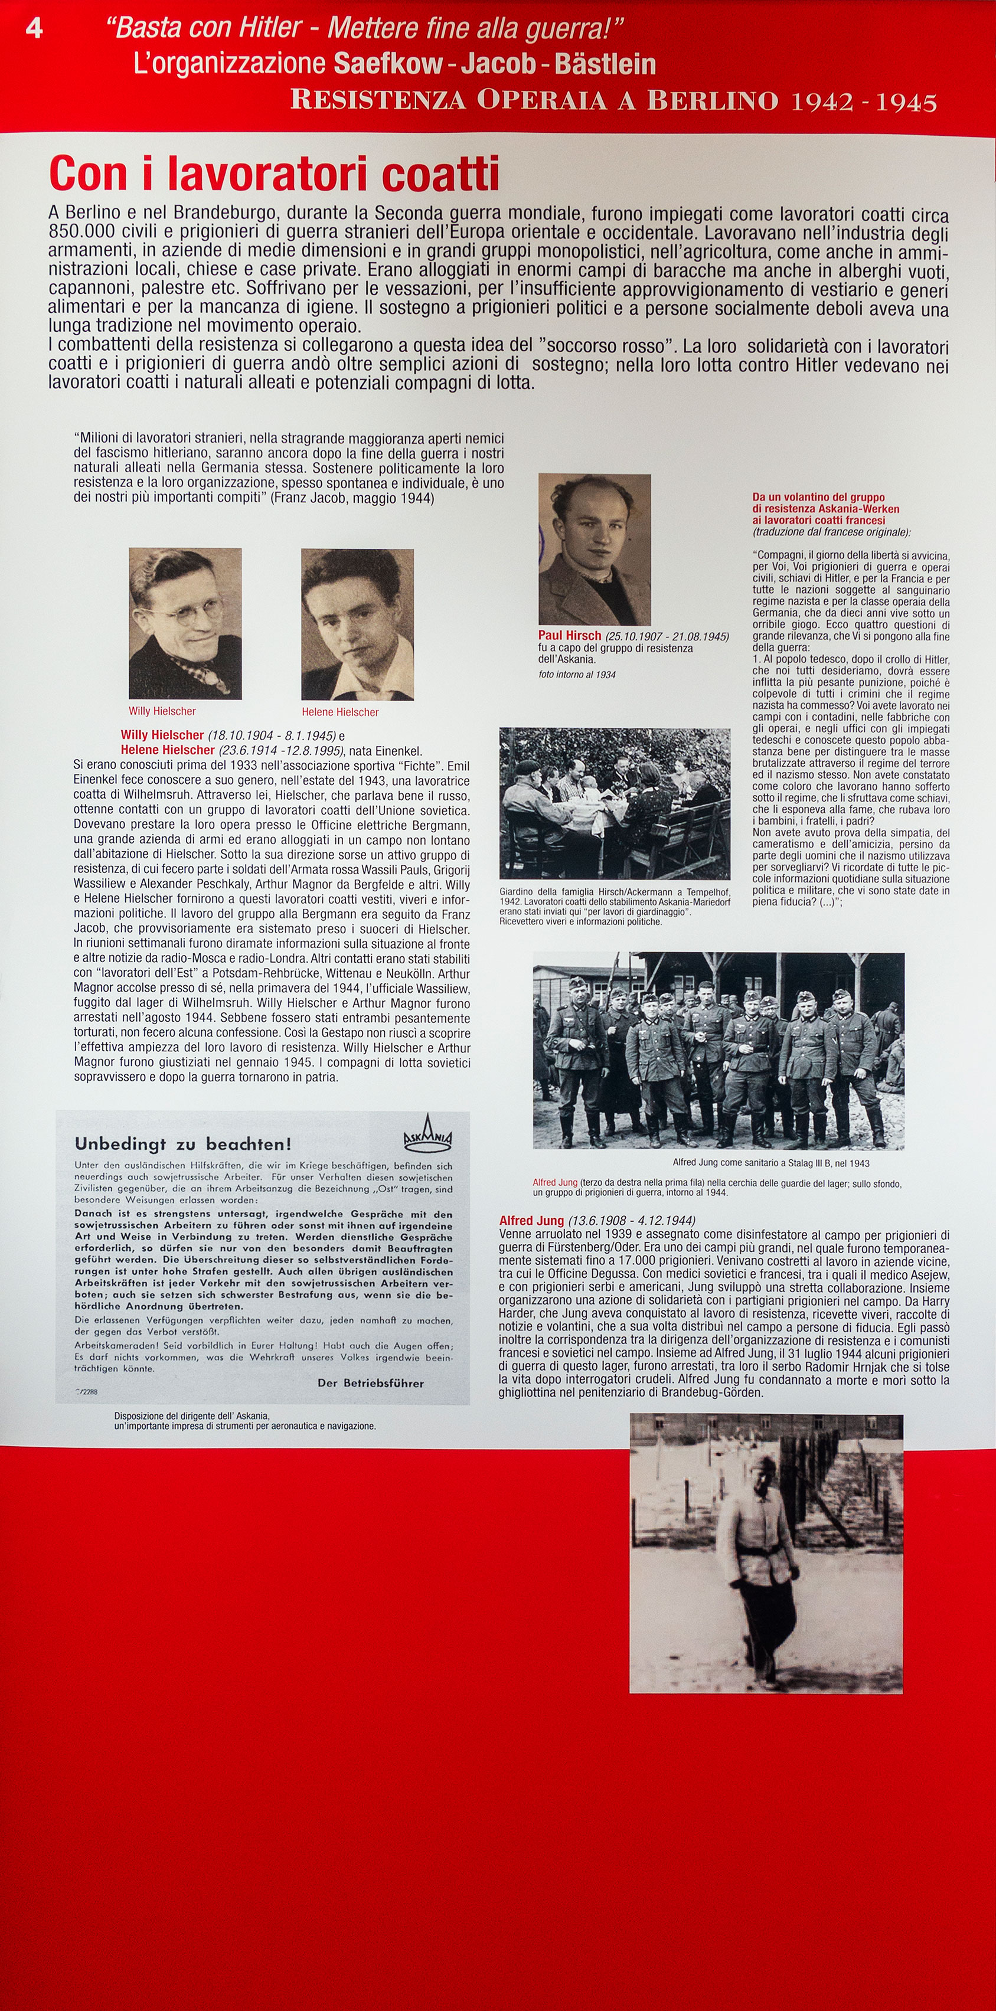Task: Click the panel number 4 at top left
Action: [x=34, y=28]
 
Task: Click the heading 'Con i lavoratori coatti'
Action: [x=273, y=174]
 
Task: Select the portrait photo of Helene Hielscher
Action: [x=358, y=624]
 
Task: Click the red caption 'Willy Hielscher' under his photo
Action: [x=162, y=711]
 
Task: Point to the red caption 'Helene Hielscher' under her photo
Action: [x=340, y=712]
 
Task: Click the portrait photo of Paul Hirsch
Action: [x=594, y=549]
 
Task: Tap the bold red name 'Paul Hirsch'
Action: [x=569, y=636]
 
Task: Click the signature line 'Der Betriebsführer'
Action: [x=371, y=1382]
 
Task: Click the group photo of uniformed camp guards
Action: [x=718, y=1050]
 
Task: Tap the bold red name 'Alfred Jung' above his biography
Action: [x=531, y=1220]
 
